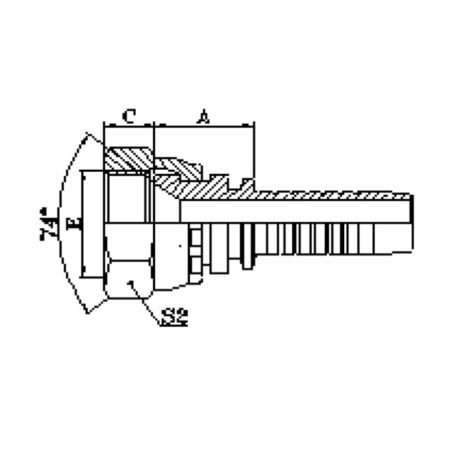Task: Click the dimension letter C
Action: click(129, 116)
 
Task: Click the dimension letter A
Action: click(204, 116)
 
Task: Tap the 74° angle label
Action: click(47, 224)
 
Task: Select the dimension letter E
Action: click(74, 224)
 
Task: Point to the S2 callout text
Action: click(175, 317)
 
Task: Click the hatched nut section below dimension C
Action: click(128, 158)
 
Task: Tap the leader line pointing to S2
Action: click(145, 304)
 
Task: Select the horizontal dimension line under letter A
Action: click(204, 126)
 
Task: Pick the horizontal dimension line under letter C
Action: click(129, 126)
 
